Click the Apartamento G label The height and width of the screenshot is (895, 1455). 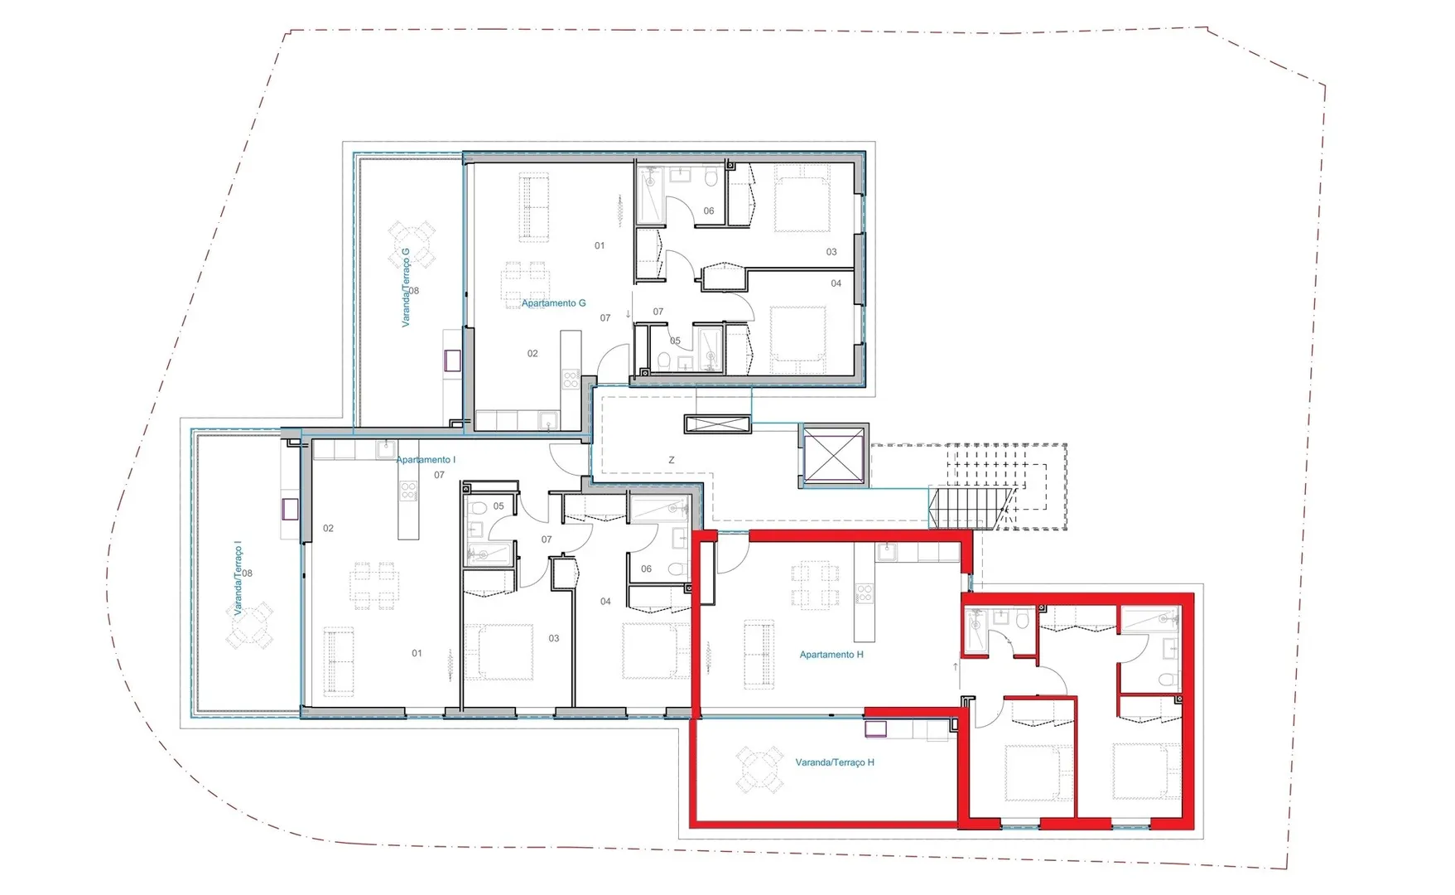click(553, 303)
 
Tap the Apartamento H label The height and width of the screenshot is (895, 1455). click(831, 655)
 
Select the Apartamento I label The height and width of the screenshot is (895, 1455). click(426, 460)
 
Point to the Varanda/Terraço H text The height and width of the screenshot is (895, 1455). click(835, 762)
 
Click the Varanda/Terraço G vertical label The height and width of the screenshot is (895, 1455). click(406, 288)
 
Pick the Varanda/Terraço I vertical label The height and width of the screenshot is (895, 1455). click(238, 578)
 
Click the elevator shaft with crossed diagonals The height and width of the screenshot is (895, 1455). click(834, 454)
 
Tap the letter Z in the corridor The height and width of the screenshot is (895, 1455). click(672, 460)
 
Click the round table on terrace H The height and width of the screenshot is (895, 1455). click(760, 769)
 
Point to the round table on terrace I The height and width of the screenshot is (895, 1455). click(249, 626)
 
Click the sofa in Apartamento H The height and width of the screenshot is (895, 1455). click(759, 654)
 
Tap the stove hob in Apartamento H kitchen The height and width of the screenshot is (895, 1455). click(865, 593)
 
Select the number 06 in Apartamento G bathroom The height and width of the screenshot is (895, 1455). click(709, 211)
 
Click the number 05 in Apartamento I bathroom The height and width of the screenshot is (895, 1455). click(499, 506)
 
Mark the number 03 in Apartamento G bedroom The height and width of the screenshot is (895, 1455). click(831, 252)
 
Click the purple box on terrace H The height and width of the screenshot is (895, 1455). click(875, 728)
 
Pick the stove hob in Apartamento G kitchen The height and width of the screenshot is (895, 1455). click(571, 380)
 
